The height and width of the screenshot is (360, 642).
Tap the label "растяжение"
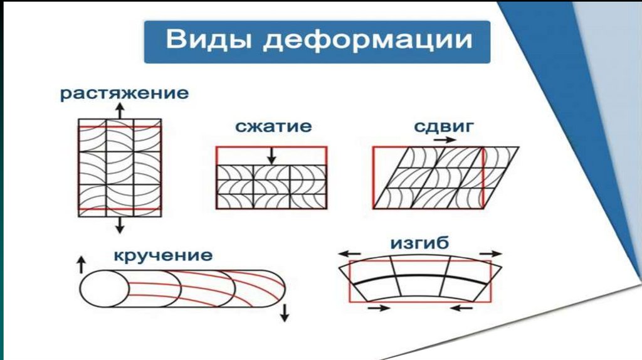tap(124, 95)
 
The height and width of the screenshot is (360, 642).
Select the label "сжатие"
tap(273, 127)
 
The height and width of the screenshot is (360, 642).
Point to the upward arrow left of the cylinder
tap(80, 263)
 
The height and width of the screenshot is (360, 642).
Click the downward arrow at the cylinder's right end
tap(285, 312)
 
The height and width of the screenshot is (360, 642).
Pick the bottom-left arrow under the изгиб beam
tap(378, 308)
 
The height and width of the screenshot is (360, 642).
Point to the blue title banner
tap(317, 42)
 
